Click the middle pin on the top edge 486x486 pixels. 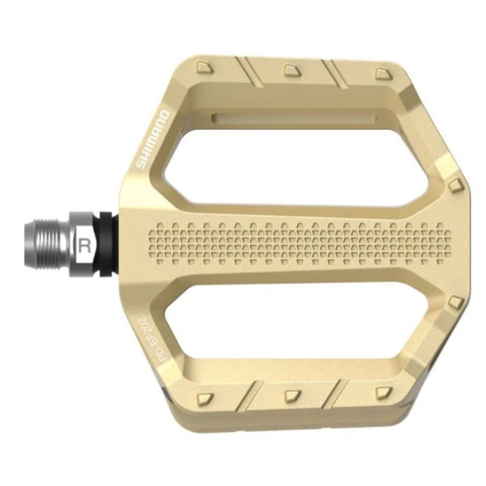(x=292, y=71)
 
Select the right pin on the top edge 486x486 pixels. (x=382, y=73)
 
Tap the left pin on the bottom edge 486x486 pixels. (x=205, y=397)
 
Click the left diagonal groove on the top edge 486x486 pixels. (x=249, y=71)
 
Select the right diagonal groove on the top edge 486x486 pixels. (x=336, y=73)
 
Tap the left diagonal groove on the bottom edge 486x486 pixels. (x=249, y=393)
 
